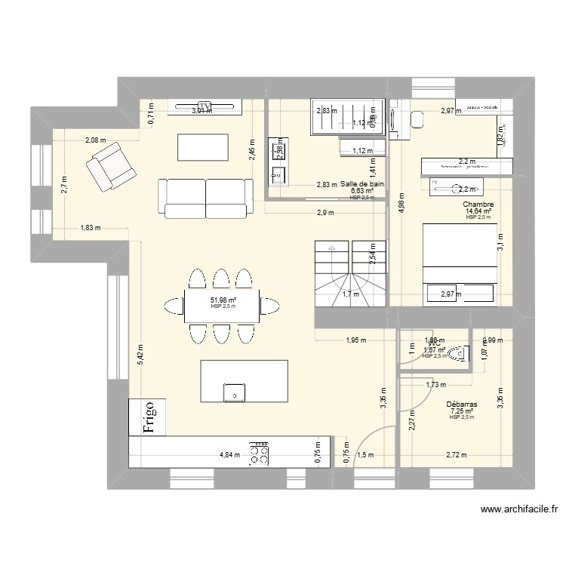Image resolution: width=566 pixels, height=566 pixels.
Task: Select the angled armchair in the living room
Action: pyautogui.click(x=111, y=166)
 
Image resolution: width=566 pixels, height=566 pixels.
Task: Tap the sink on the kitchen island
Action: pyautogui.click(x=235, y=392)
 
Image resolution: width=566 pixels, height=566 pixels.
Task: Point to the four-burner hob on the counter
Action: pyautogui.click(x=261, y=452)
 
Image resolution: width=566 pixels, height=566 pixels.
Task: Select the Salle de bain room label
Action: pyautogui.click(x=362, y=183)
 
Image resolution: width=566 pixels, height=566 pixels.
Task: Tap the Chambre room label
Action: pyautogui.click(x=478, y=204)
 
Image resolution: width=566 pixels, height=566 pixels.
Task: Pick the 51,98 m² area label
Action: pyautogui.click(x=223, y=300)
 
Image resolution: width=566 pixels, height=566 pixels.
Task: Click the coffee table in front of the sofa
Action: pyautogui.click(x=203, y=146)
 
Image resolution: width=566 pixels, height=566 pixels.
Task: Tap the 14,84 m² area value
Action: pyautogui.click(x=478, y=211)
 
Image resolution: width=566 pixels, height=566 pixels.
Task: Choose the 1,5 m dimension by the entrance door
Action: pyautogui.click(x=365, y=455)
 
